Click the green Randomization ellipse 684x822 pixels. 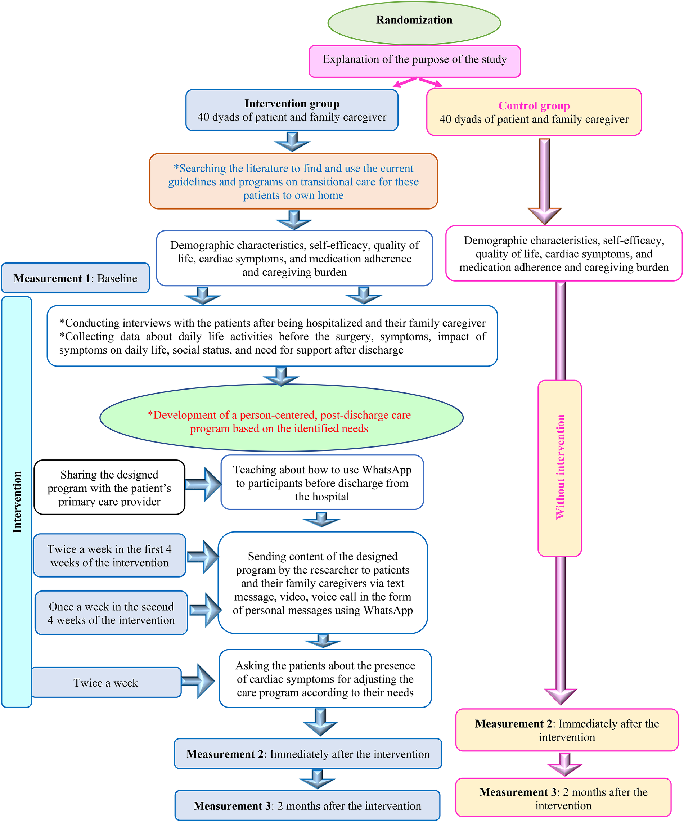coord(414,22)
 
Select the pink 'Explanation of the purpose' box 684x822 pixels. coord(414,61)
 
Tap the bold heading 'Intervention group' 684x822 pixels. coord(292,104)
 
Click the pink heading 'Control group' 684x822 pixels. coord(534,106)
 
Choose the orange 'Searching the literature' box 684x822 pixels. coord(293,181)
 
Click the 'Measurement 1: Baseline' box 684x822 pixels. coord(75,278)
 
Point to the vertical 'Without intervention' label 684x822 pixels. coord(560,468)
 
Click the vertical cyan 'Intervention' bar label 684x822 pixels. coord(17,502)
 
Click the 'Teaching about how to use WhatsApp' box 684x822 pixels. coord(322,482)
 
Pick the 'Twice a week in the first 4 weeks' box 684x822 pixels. coord(109,556)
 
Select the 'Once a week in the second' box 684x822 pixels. coord(111,613)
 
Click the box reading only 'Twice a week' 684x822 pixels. coord(105,683)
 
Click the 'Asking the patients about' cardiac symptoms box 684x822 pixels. coord(325,679)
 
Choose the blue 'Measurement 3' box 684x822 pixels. coord(307,806)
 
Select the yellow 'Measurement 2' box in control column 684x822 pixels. coord(567,731)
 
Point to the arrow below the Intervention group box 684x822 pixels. coord(292,142)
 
